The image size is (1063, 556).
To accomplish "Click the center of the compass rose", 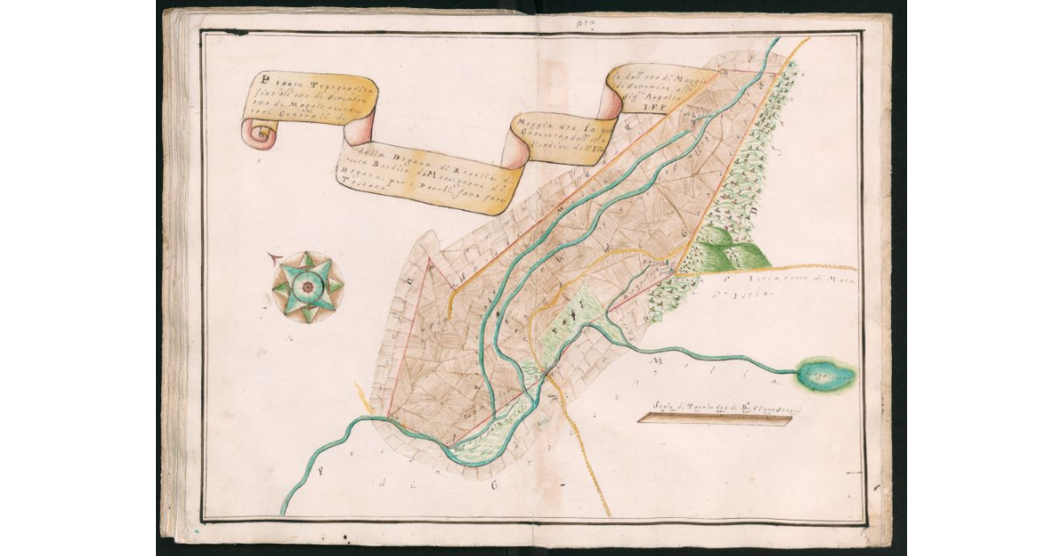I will point(307,287).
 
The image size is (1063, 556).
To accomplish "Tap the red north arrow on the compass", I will point(279,259).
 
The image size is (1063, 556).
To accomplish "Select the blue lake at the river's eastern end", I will point(826,375).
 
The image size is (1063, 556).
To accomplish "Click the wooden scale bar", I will point(714,420).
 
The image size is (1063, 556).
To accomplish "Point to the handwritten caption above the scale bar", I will point(713,405).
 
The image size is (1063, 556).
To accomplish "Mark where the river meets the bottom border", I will point(283,513).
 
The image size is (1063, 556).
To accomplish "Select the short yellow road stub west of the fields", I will point(363,395).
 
